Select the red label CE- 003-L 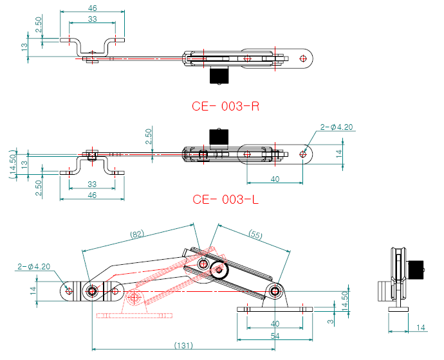pyautogui.click(x=225, y=199)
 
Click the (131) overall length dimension pyautogui.click(x=184, y=346)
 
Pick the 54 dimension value pyautogui.click(x=275, y=336)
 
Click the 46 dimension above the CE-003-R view pyautogui.click(x=92, y=8)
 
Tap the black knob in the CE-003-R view pyautogui.click(x=219, y=76)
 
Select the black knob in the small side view pyautogui.click(x=416, y=269)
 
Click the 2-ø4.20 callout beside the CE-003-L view pyautogui.click(x=337, y=127)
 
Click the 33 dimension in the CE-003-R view pyautogui.click(x=93, y=20)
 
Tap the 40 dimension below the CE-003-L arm pyautogui.click(x=275, y=179)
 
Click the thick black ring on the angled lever pyautogui.click(x=222, y=270)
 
